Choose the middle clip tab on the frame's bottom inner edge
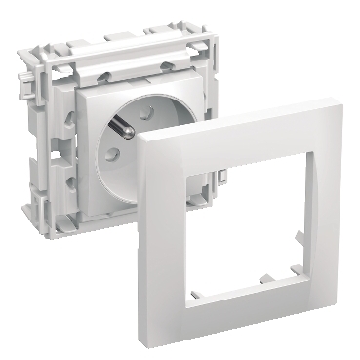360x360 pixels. point(232,282)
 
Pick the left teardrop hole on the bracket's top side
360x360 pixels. point(106,71)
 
